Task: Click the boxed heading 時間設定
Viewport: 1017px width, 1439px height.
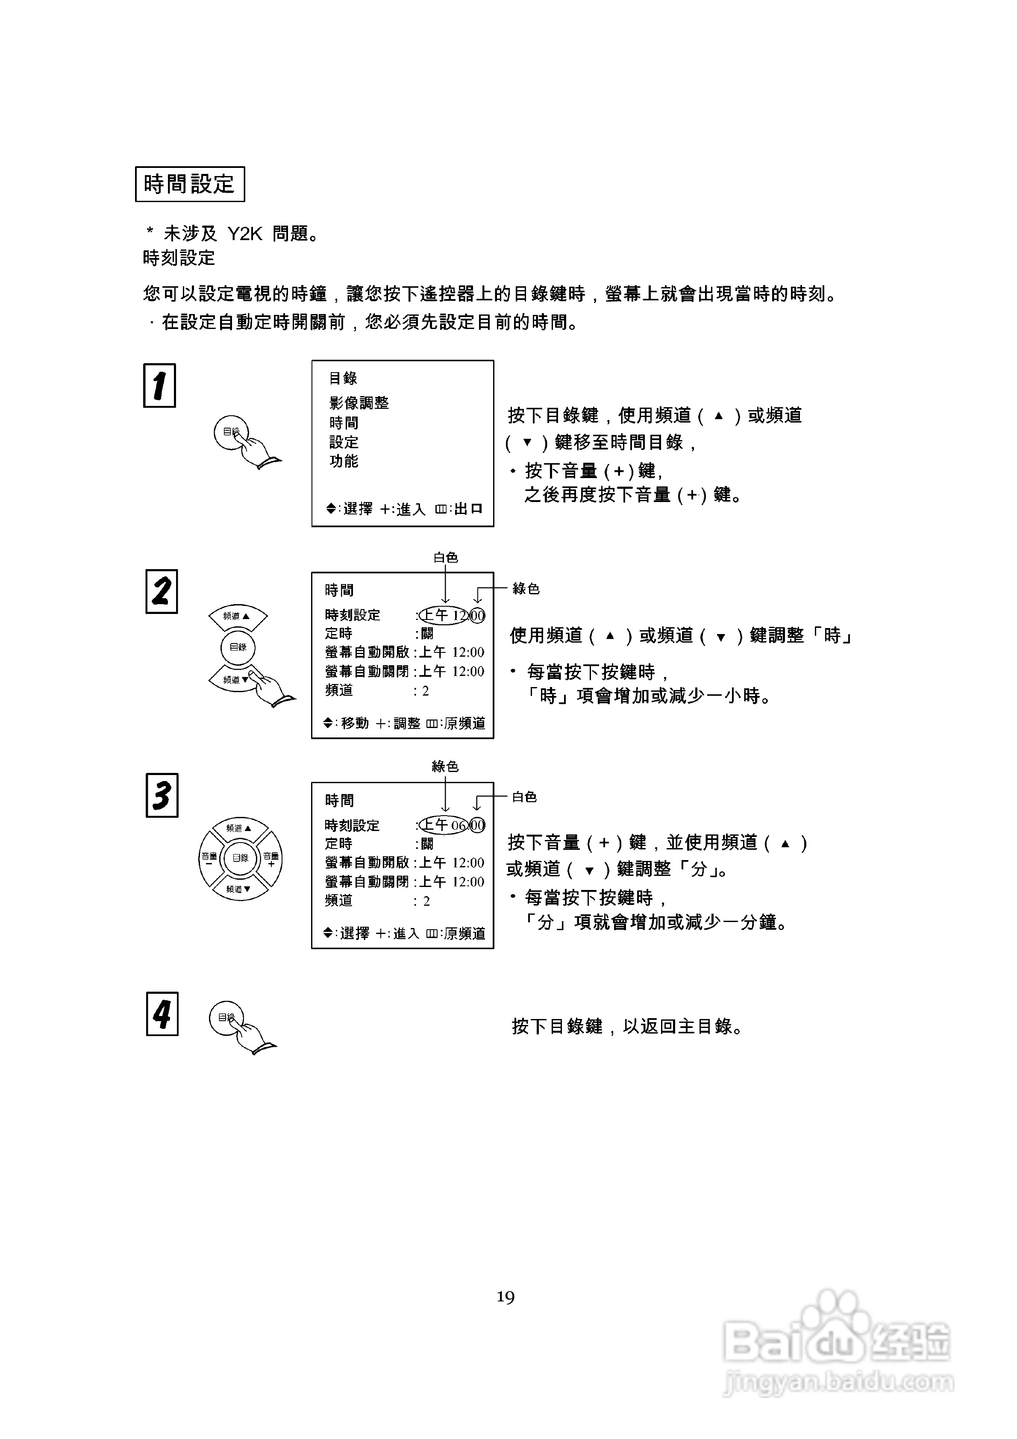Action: tap(189, 184)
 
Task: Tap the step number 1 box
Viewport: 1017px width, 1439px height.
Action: tap(159, 385)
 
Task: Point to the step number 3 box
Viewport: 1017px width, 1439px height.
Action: tap(162, 795)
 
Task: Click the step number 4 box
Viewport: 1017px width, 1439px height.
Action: tap(162, 1013)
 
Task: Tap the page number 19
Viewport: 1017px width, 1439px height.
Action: tap(506, 1297)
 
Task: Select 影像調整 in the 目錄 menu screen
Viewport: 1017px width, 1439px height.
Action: tap(359, 403)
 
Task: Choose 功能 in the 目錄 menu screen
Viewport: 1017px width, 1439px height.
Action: tap(344, 461)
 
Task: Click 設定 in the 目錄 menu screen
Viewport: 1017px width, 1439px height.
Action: tap(344, 442)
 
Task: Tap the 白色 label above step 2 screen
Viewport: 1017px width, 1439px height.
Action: tap(446, 557)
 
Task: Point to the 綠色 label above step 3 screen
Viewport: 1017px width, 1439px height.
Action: tap(445, 766)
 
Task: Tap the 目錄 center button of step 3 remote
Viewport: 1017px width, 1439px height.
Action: tap(241, 858)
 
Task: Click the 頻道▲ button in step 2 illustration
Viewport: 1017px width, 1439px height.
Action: tap(238, 617)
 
